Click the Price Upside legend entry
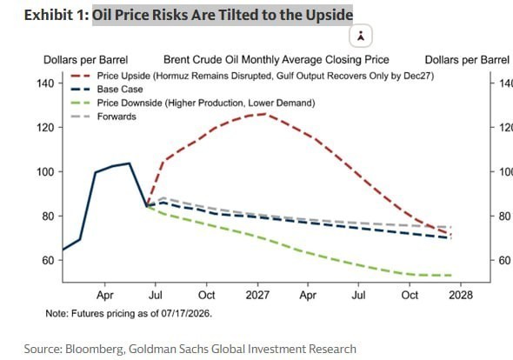click(x=252, y=76)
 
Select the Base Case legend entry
click(x=107, y=90)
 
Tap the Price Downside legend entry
click(x=193, y=103)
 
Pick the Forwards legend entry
click(x=103, y=117)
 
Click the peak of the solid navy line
click(x=130, y=163)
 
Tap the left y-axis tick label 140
click(x=45, y=83)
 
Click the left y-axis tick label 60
click(x=48, y=261)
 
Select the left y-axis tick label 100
click(x=45, y=172)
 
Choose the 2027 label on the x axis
click(x=257, y=295)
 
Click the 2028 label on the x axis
click(x=461, y=295)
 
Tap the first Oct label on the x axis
click(x=207, y=295)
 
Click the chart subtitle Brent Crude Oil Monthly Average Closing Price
click(x=276, y=60)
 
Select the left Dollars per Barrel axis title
click(x=86, y=60)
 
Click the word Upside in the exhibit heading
click(x=330, y=15)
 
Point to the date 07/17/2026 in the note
click(x=186, y=314)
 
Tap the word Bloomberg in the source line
click(x=95, y=349)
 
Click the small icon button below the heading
click(x=361, y=36)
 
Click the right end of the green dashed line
click(x=452, y=276)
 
